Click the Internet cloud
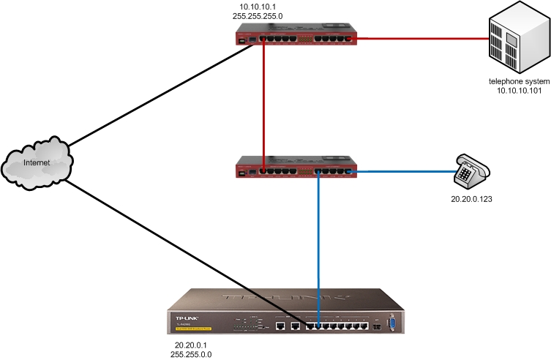(37, 163)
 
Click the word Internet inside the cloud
(37, 162)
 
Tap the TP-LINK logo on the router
(189, 318)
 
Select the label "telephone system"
(519, 81)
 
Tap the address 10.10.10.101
(519, 91)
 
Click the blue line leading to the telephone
(402, 171)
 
